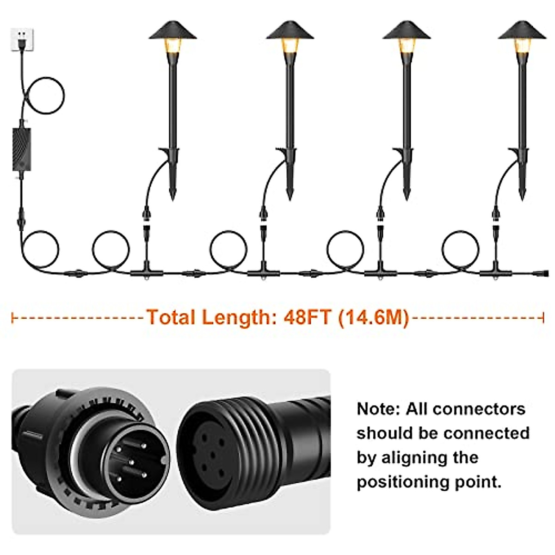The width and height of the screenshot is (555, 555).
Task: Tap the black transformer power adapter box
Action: (x=22, y=150)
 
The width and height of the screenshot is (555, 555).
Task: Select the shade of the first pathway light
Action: (x=173, y=31)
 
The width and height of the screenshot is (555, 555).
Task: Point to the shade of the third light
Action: (x=407, y=31)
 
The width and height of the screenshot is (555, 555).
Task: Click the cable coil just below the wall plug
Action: (x=44, y=95)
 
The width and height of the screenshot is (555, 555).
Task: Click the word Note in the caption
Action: (x=376, y=409)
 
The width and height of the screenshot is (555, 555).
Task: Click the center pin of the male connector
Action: (x=131, y=461)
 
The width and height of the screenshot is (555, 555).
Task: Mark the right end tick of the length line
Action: (x=543, y=318)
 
